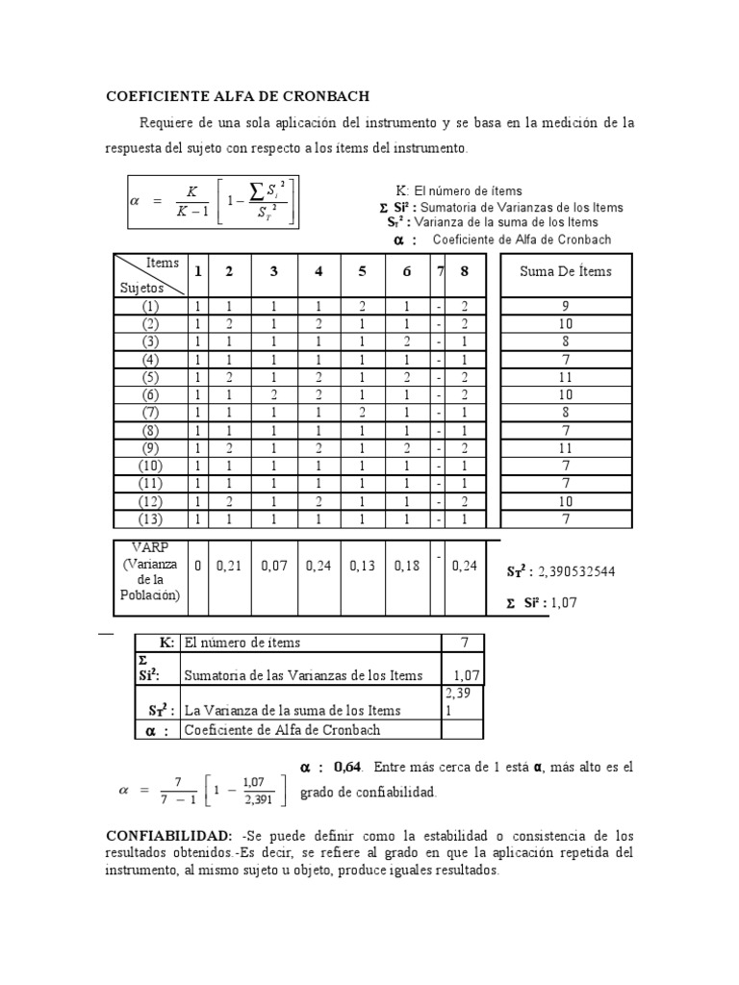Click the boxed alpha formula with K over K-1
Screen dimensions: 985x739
(x=214, y=201)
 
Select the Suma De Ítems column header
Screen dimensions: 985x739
(x=565, y=271)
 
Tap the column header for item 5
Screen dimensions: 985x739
(x=363, y=271)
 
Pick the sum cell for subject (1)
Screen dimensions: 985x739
(x=565, y=306)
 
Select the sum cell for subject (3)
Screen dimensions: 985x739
(x=565, y=341)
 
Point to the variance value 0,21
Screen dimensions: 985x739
(x=228, y=567)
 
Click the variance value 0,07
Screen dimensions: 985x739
(x=273, y=567)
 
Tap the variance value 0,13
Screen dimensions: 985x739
(x=363, y=567)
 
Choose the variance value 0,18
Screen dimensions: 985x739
(x=407, y=567)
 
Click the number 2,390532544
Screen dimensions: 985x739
(x=576, y=571)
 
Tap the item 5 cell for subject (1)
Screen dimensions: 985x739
(x=363, y=306)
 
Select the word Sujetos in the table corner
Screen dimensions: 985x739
(x=141, y=287)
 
